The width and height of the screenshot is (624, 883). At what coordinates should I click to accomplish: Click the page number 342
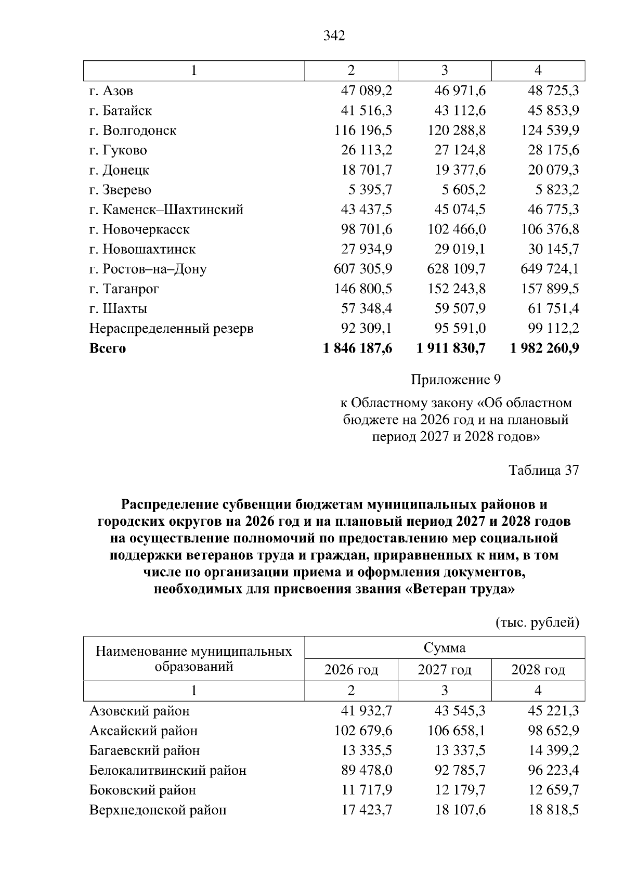(x=334, y=36)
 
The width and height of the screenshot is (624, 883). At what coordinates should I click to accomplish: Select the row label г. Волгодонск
(x=133, y=131)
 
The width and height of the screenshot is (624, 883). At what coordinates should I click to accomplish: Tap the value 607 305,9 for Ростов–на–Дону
(x=362, y=269)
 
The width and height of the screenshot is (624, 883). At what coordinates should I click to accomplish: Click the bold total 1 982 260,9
(x=544, y=348)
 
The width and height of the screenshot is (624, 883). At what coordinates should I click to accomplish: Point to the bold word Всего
(x=108, y=348)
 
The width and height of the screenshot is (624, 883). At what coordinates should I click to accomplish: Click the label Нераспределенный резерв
(x=171, y=329)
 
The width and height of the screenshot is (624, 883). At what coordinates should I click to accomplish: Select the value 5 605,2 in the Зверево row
(x=460, y=190)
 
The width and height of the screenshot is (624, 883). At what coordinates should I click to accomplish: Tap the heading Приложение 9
(x=456, y=380)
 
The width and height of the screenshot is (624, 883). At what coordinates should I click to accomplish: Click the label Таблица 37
(x=543, y=470)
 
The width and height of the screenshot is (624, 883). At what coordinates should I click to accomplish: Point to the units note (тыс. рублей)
(x=537, y=622)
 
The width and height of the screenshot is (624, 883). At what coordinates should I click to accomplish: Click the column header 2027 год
(x=445, y=670)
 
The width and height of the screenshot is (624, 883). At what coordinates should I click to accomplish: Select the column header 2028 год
(x=538, y=670)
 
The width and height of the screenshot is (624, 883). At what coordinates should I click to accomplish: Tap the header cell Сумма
(x=445, y=648)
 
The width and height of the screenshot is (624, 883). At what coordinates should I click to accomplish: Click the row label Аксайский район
(x=144, y=731)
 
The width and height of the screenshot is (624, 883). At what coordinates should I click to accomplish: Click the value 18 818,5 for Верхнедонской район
(x=553, y=810)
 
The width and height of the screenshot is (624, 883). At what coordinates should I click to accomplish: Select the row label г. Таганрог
(x=124, y=289)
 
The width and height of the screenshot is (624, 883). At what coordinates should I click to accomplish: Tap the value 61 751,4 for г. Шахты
(x=553, y=309)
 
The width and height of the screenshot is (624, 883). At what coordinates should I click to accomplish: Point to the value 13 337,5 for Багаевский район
(x=460, y=751)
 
